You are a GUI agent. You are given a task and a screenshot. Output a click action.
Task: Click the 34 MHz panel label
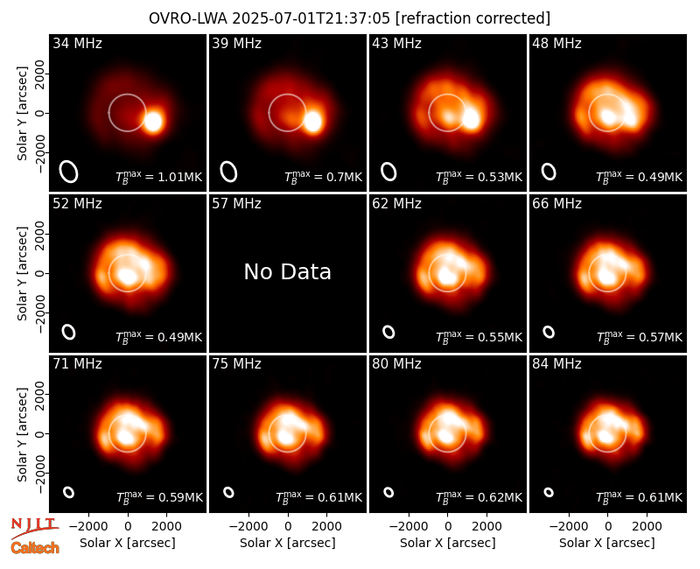click(77, 43)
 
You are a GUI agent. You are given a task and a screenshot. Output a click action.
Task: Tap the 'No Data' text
click(288, 271)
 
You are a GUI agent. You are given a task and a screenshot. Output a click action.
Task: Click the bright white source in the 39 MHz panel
click(312, 122)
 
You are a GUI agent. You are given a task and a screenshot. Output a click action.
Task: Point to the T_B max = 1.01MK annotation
click(159, 176)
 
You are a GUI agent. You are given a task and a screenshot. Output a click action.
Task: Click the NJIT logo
click(34, 528)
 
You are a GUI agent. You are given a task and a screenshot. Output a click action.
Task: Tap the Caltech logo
click(35, 548)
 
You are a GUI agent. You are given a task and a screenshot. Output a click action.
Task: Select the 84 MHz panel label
click(556, 364)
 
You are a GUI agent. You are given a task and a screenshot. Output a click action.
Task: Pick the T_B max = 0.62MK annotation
click(479, 496)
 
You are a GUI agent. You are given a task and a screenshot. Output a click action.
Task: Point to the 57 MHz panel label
click(236, 204)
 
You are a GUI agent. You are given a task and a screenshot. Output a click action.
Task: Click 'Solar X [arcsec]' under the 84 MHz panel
click(607, 543)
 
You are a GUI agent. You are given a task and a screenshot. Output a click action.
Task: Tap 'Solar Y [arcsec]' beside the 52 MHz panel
click(22, 273)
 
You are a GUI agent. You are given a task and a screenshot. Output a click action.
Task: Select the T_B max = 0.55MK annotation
click(479, 336)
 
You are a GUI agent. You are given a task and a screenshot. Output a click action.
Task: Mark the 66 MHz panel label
click(556, 204)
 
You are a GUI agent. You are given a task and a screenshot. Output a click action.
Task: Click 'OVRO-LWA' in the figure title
click(187, 18)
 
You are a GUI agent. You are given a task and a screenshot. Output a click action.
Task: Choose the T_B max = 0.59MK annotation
click(159, 496)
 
